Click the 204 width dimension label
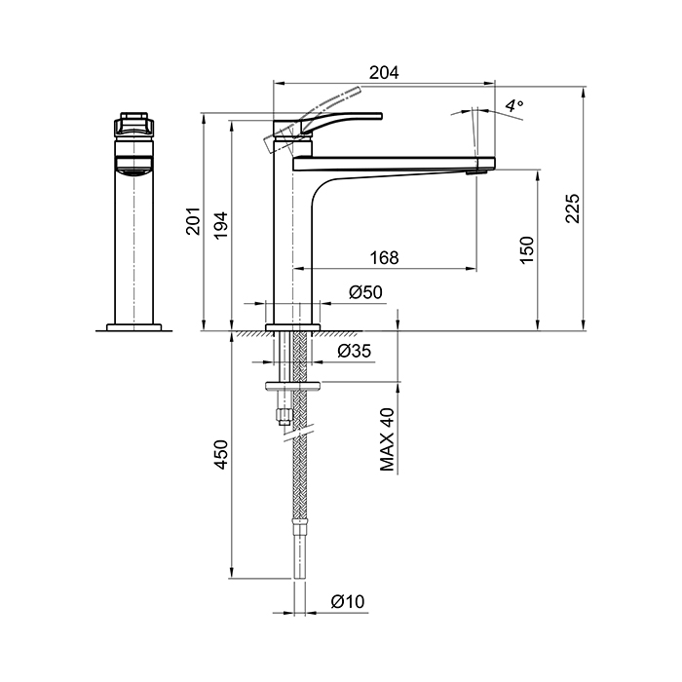(x=384, y=72)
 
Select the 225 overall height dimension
(x=573, y=208)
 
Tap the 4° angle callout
(x=514, y=105)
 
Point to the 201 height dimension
(x=193, y=221)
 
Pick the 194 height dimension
(x=221, y=224)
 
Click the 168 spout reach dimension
(x=384, y=258)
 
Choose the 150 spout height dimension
(x=527, y=249)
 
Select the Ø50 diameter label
(x=365, y=292)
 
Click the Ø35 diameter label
(x=355, y=351)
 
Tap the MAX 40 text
(x=387, y=439)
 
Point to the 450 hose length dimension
(x=221, y=455)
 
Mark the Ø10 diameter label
(x=348, y=601)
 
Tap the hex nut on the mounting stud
(x=284, y=416)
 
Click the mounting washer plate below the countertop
(x=292, y=385)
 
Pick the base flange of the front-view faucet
(x=134, y=327)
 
